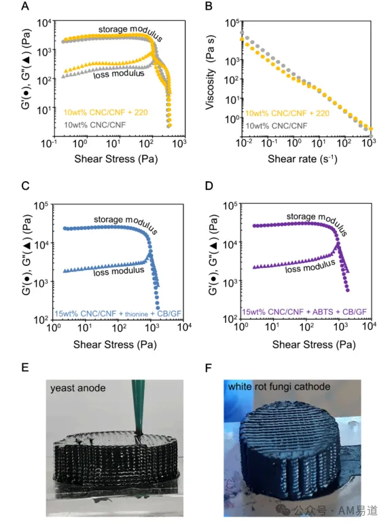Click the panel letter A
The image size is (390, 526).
(25, 5)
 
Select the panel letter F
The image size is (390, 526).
(209, 368)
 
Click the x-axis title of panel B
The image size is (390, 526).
(302, 158)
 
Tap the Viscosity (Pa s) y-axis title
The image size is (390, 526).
(210, 72)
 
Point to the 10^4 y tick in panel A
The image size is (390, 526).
(44, 23)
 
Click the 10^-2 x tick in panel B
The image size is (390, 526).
(245, 143)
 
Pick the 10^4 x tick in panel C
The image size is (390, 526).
(184, 326)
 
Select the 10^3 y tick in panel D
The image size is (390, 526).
(230, 283)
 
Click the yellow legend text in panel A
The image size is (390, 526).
(106, 113)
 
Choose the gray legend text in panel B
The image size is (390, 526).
(277, 126)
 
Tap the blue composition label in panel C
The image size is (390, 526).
(118, 314)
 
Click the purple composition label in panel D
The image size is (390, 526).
(304, 312)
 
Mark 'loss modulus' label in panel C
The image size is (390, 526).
(119, 271)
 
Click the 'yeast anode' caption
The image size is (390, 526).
(78, 388)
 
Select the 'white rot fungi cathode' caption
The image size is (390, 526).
(279, 387)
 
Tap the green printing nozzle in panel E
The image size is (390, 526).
(139, 407)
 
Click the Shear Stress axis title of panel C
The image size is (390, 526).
(115, 345)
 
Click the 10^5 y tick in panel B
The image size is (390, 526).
(232, 22)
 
